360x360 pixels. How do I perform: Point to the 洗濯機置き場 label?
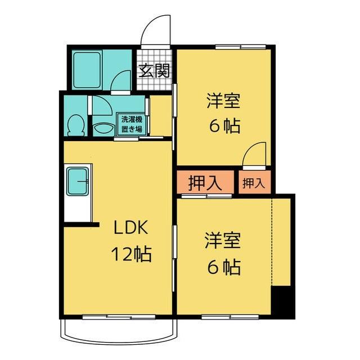pyautogui.click(x=132, y=124)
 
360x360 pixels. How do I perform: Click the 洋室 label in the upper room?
pyautogui.click(x=223, y=101)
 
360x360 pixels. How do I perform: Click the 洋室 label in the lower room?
pyautogui.click(x=223, y=241)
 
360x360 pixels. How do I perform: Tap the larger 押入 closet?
pyautogui.click(x=204, y=183)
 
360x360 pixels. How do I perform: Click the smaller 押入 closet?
pyautogui.click(x=253, y=183)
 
